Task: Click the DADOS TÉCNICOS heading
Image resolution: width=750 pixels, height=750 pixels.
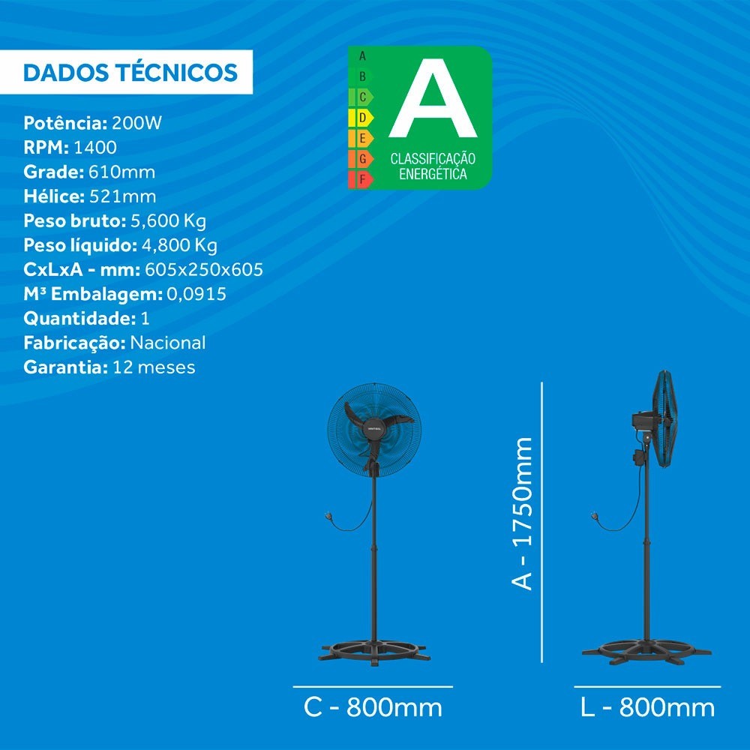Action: click(130, 72)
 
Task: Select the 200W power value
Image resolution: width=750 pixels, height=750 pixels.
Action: click(136, 123)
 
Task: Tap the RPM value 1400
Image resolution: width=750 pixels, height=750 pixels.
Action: click(95, 147)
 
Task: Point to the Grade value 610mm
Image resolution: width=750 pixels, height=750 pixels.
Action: click(122, 172)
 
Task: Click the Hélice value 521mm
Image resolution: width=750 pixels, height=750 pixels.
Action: click(123, 196)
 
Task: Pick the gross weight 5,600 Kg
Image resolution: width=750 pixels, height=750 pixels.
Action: click(168, 221)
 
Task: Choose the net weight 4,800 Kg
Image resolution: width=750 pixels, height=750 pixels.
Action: click(179, 245)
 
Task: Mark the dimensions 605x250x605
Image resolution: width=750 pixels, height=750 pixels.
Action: click(204, 270)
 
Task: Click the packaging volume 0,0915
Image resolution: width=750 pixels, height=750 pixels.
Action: click(196, 294)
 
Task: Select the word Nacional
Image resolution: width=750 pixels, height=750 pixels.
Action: click(168, 343)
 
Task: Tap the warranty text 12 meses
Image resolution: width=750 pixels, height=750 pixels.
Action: click(154, 367)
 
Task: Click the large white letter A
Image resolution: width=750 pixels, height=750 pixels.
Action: click(433, 105)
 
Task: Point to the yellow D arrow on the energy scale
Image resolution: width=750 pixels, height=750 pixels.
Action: click(361, 118)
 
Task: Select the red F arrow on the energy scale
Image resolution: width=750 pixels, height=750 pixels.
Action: click(361, 180)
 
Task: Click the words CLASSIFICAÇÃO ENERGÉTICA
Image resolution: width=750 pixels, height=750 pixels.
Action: click(433, 166)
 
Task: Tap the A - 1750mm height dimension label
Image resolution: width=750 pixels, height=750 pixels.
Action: click(521, 513)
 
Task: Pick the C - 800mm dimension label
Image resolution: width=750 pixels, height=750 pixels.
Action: click(373, 707)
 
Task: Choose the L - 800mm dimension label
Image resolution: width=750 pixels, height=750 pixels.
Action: click(647, 707)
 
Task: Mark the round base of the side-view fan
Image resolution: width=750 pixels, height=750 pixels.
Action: click(646, 652)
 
